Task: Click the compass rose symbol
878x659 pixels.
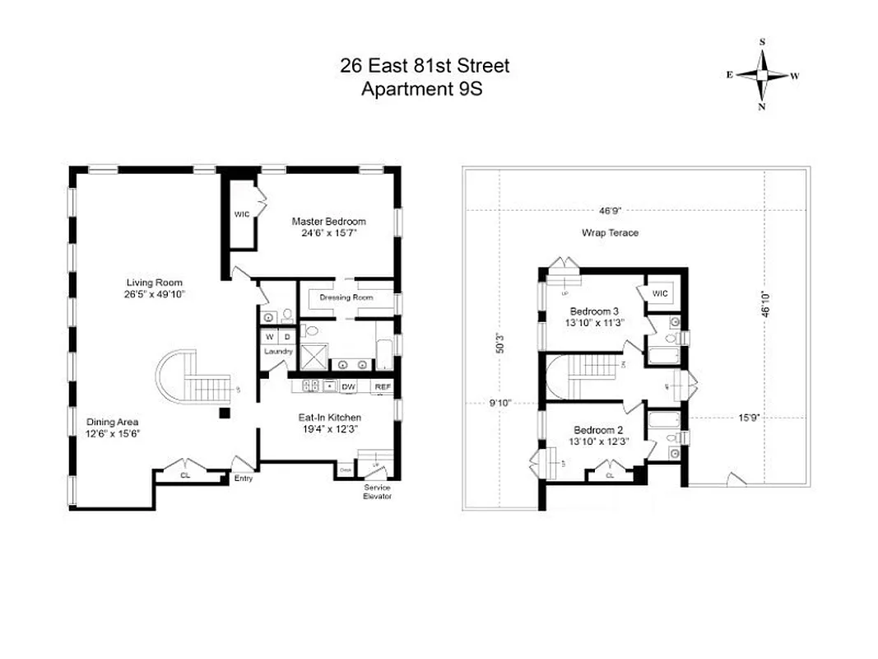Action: click(762, 74)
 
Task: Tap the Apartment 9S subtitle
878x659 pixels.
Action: click(421, 89)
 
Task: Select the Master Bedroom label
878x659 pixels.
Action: click(328, 222)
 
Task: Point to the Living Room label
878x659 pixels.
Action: click(154, 283)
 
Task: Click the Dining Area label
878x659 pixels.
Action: click(114, 422)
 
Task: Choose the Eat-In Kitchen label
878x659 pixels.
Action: click(329, 418)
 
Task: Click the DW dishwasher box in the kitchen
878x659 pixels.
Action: click(348, 386)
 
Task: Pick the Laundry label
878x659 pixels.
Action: click(278, 352)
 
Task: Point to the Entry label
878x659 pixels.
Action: click(244, 479)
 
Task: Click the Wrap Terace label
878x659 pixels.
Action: click(610, 233)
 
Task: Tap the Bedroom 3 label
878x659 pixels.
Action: click(594, 311)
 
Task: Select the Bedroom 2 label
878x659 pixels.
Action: click(597, 430)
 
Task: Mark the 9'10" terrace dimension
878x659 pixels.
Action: click(500, 403)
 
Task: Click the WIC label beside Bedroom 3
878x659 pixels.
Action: click(660, 292)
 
